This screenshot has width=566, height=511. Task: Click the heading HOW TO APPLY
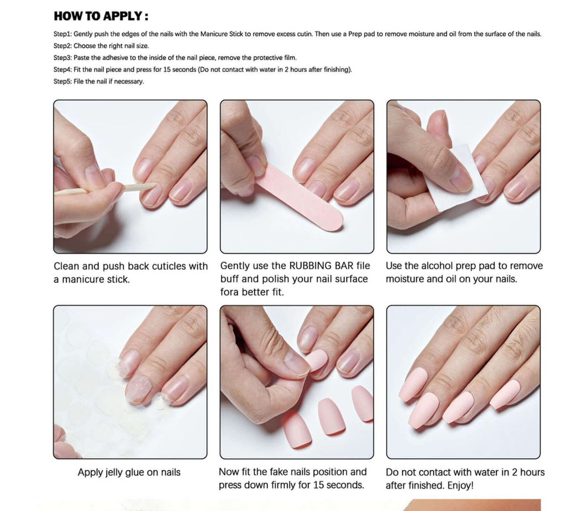(x=101, y=16)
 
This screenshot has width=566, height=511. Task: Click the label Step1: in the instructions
(x=63, y=34)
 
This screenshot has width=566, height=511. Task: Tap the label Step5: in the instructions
(x=63, y=82)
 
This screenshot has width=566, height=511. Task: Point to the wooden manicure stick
(x=104, y=189)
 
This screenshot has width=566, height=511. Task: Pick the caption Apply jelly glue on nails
(x=129, y=472)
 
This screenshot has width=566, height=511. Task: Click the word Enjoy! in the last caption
(x=460, y=486)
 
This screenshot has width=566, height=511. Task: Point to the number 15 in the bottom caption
(x=318, y=485)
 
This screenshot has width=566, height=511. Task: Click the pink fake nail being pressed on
(x=316, y=360)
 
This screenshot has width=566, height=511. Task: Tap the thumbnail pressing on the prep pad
(x=460, y=178)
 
